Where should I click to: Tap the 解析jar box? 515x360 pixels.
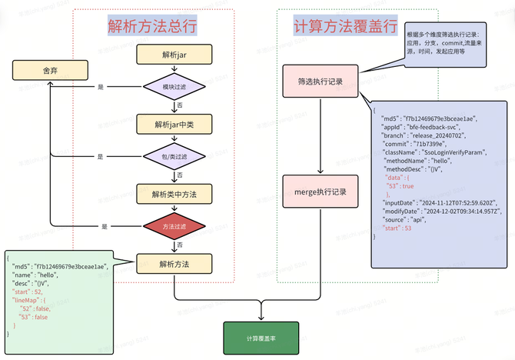point(173,55)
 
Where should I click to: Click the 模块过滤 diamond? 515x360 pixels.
point(174,87)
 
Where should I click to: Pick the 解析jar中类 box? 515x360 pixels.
point(174,123)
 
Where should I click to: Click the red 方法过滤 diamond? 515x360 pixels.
point(174,227)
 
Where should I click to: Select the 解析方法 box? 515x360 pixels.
point(174,264)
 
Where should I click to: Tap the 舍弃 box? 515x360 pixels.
point(50,71)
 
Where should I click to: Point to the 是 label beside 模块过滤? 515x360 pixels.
point(100,87)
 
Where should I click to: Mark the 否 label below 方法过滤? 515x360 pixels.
point(180,245)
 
